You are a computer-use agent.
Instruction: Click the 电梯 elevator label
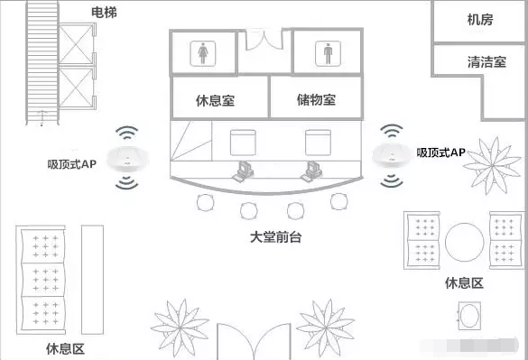104,13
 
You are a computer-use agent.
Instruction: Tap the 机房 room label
480,20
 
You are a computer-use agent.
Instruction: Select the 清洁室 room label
486,62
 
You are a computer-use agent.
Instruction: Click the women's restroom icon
203,53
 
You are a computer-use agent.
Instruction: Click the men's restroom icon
328,53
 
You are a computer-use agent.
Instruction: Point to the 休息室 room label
215,100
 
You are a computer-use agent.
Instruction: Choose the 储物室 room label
316,99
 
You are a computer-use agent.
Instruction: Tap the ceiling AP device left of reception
127,159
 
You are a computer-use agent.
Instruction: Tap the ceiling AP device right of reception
393,155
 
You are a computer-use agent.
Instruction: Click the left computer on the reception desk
243,171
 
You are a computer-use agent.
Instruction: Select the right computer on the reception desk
311,171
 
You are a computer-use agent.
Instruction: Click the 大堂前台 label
276,237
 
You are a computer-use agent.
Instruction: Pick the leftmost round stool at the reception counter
205,203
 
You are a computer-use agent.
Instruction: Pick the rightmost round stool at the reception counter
338,201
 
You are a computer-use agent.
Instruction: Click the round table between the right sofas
464,242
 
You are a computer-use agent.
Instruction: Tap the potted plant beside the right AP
492,165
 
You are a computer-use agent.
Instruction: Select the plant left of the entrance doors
181,328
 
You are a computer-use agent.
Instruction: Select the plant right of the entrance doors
326,328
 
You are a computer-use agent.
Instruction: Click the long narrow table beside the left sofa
93,280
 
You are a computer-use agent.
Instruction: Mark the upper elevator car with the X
76,44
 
